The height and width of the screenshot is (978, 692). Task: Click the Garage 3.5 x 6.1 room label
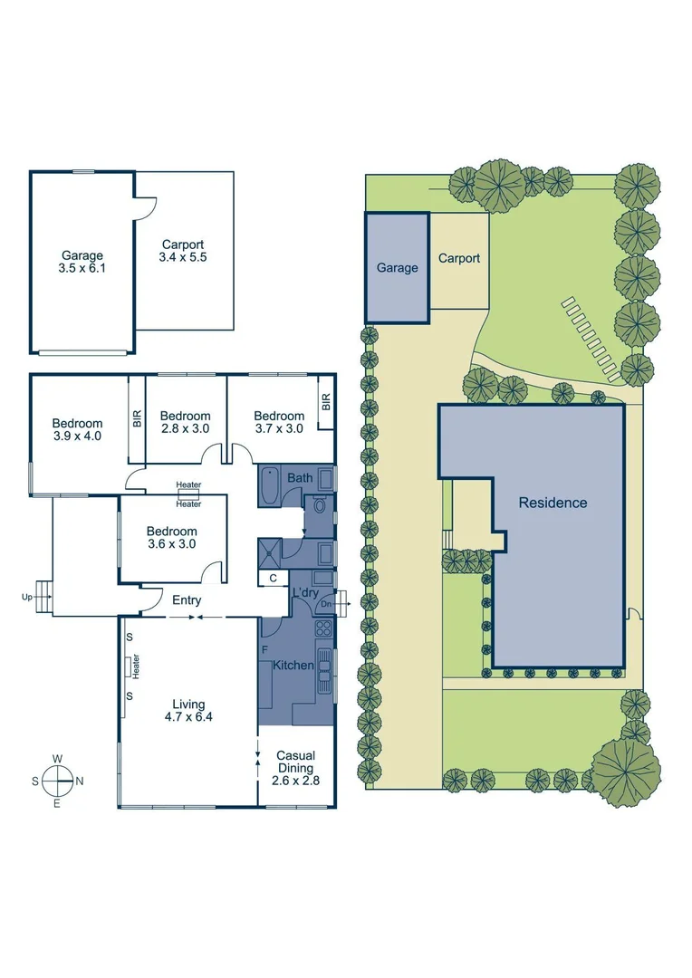point(82,262)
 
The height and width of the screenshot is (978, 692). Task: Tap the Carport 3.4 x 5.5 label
point(183,251)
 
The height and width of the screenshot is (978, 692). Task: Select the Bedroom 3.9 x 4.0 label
point(77,429)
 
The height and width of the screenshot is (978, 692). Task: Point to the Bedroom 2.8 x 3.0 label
point(186,422)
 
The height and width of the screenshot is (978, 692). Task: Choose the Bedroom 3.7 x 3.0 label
point(278,422)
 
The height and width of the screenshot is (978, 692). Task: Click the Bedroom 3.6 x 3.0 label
point(171,538)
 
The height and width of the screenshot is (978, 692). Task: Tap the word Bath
point(299,477)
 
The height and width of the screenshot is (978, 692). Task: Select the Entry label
point(186,600)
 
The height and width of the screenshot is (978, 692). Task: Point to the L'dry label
point(304,593)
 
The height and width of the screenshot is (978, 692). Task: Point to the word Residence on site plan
point(553,503)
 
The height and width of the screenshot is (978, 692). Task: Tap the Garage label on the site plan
point(398,267)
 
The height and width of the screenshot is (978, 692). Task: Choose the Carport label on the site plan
point(459,258)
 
